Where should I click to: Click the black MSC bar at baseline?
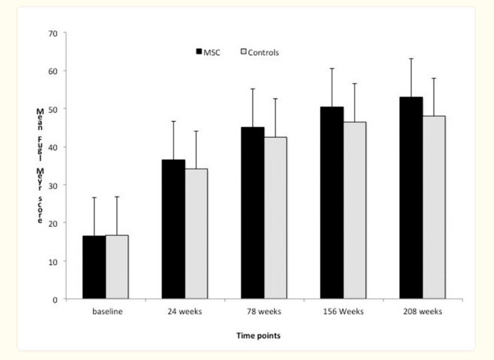tap(94, 267)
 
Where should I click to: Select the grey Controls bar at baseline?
tap(117, 267)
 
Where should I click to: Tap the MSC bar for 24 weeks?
tap(174, 229)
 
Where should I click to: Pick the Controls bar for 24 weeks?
tap(196, 234)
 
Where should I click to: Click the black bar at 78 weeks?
tap(252, 213)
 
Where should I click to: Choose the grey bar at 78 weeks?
tap(275, 218)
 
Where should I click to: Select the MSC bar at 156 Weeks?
tap(332, 203)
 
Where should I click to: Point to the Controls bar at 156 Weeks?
tap(355, 210)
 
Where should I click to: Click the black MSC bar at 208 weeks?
tap(411, 198)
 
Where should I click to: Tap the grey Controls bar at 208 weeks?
tap(434, 207)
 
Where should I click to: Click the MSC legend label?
tap(212, 52)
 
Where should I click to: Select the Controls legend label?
tap(263, 52)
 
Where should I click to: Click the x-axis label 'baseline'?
tap(106, 312)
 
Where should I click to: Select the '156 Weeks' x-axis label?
tap(343, 312)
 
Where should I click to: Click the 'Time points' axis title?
tap(258, 336)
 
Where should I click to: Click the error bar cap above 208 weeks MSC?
tap(411, 59)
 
